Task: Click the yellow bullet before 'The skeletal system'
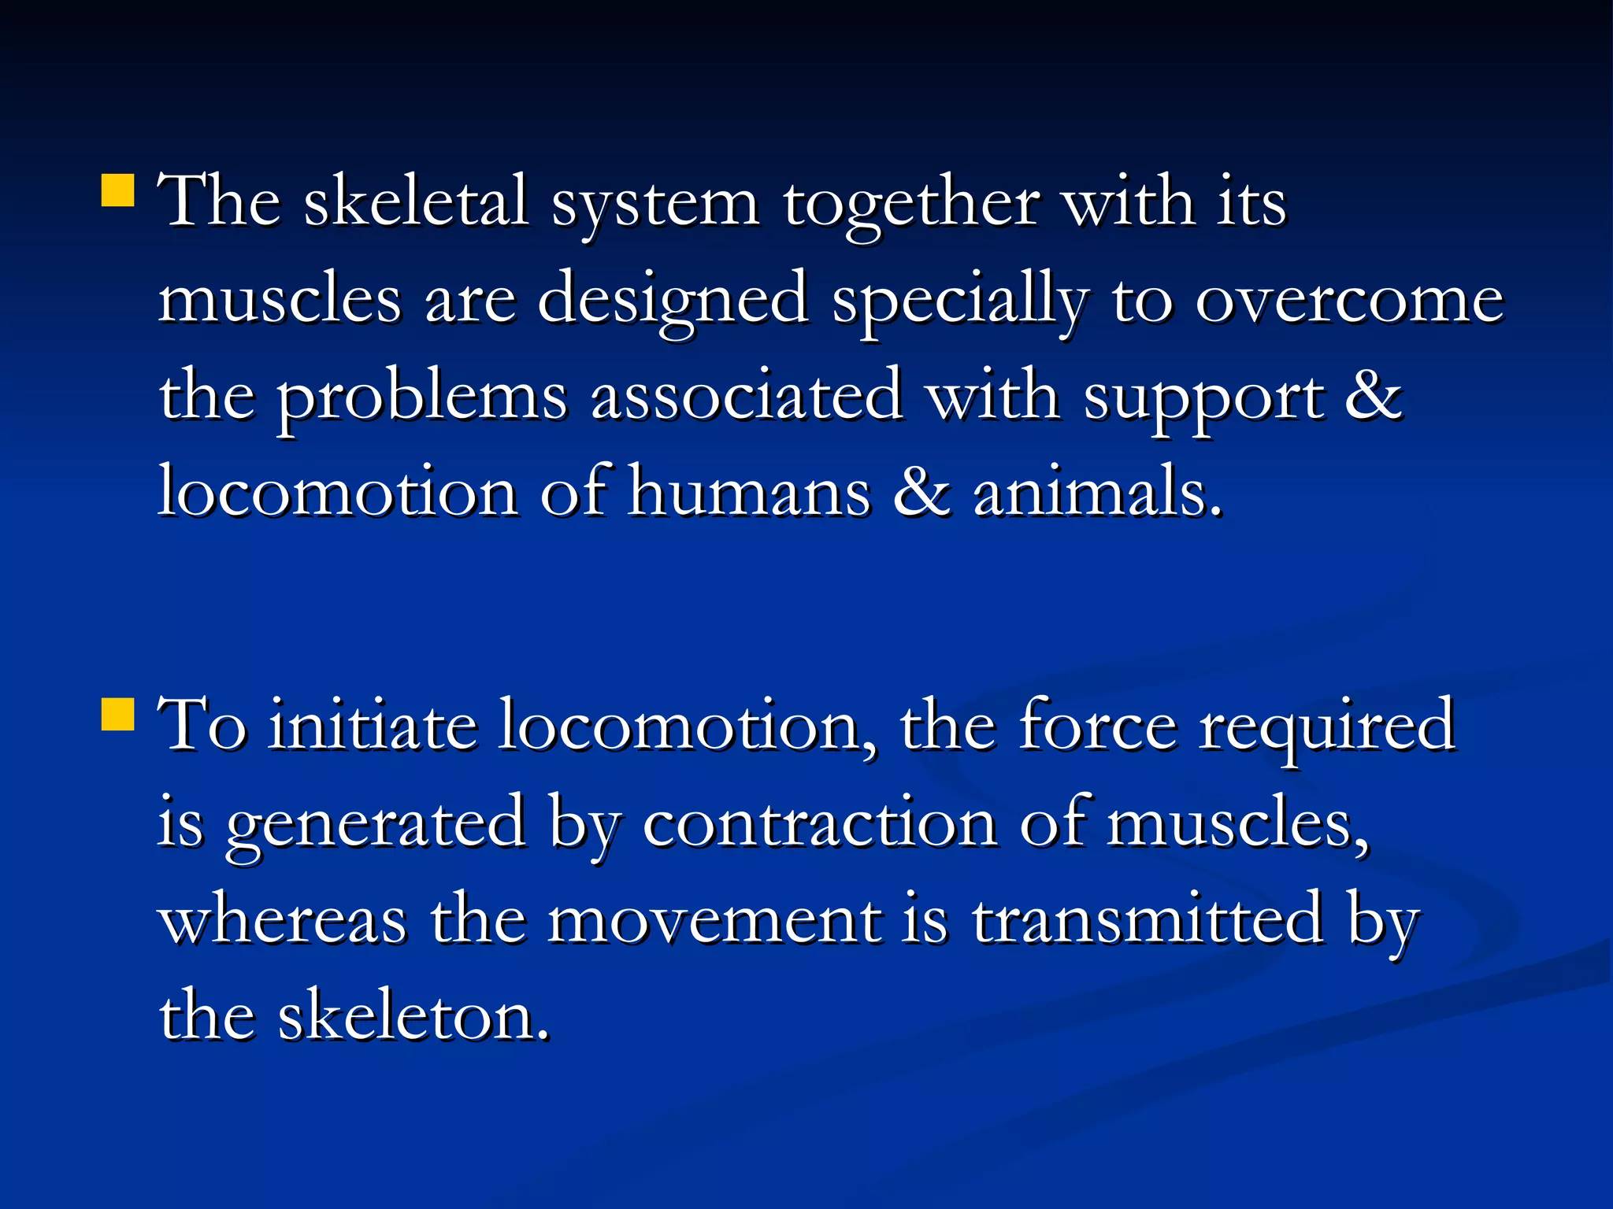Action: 117,190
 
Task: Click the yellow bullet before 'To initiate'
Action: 117,714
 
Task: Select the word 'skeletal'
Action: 415,201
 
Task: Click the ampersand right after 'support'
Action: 1373,396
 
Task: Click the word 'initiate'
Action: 372,726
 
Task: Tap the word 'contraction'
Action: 820,823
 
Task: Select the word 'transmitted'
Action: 1148,919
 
